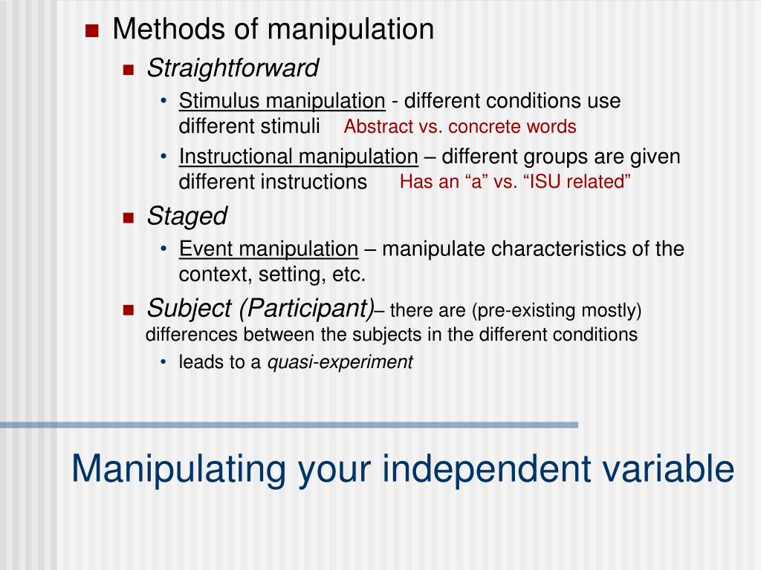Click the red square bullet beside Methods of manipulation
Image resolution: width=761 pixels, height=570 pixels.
click(92, 31)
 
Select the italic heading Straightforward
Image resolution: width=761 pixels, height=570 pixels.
click(233, 68)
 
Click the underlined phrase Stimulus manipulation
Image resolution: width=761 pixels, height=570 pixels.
click(282, 101)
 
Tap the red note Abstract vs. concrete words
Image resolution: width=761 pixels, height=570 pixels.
click(459, 126)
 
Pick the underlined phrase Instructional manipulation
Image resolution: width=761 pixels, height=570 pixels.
click(298, 157)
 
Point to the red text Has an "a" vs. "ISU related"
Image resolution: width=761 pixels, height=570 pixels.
click(515, 182)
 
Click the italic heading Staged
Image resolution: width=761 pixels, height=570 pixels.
click(187, 217)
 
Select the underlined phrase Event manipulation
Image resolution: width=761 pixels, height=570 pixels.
click(268, 249)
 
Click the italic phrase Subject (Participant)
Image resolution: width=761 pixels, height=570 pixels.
click(260, 307)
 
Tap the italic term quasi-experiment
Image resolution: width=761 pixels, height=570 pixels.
click(340, 362)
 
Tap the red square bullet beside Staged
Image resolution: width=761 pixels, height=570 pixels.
click(127, 217)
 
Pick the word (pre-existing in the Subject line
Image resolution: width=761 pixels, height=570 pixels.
click(530, 309)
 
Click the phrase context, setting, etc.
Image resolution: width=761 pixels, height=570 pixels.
click(272, 275)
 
